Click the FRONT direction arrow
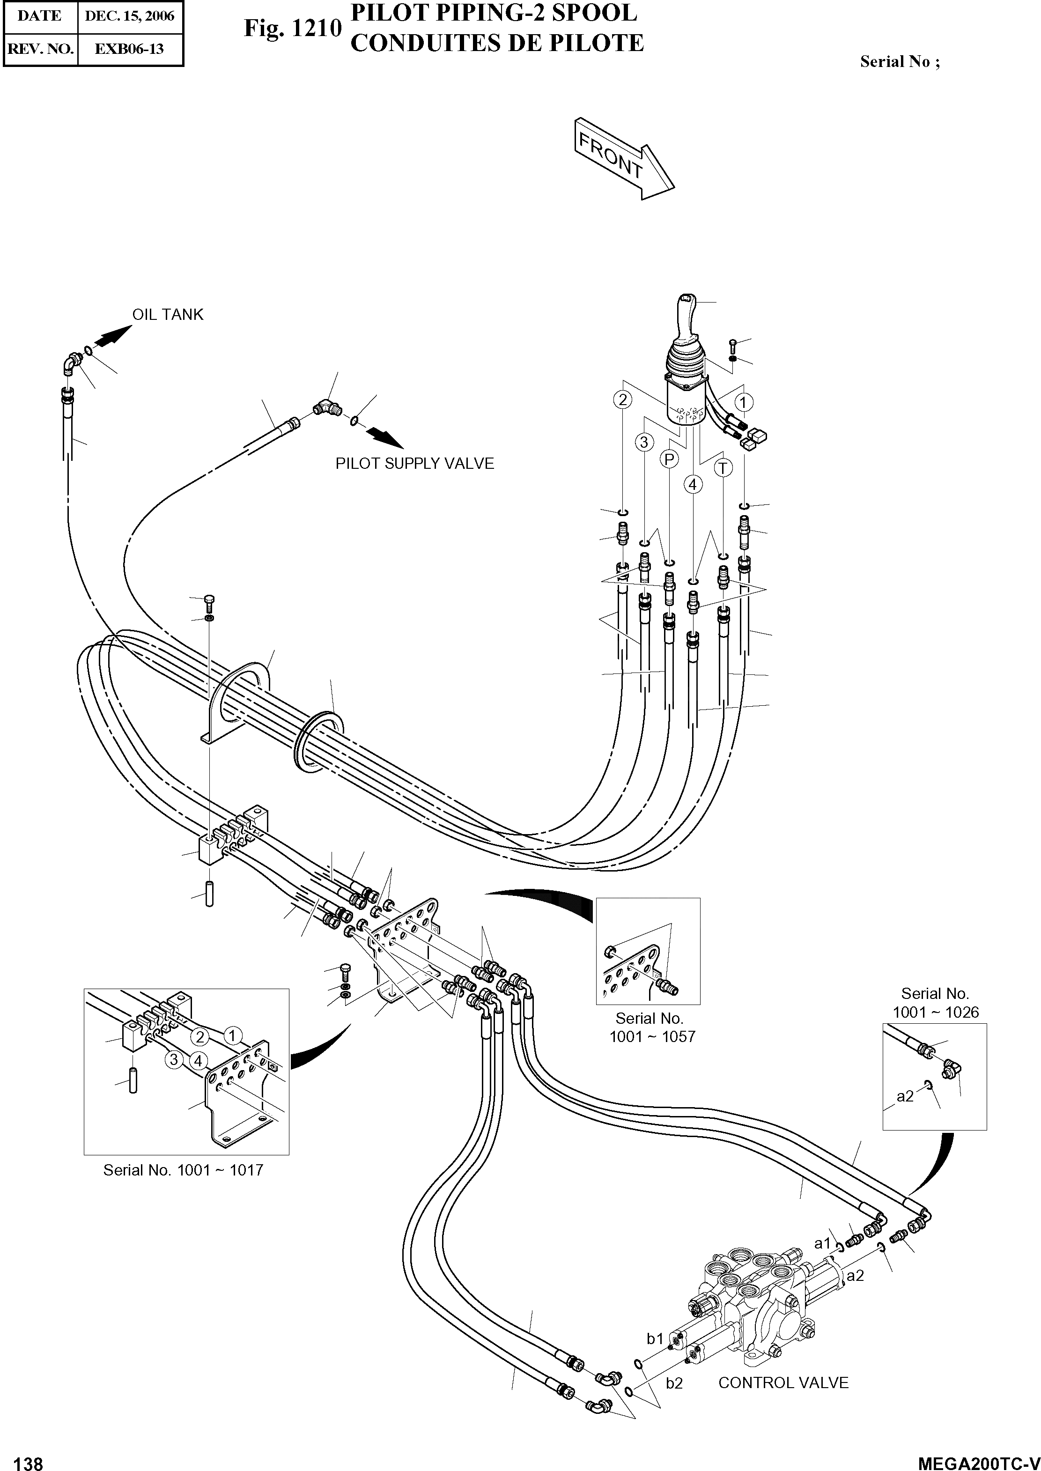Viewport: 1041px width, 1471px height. [x=624, y=158]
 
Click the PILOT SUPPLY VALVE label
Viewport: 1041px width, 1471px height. [x=415, y=464]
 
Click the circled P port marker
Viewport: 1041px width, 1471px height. [x=669, y=459]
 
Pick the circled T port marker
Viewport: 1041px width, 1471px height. [x=723, y=468]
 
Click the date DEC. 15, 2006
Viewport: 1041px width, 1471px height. [x=130, y=16]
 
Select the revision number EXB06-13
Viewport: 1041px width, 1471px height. [x=130, y=49]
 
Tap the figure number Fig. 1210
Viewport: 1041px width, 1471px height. [x=292, y=29]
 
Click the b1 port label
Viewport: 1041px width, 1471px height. [x=655, y=1338]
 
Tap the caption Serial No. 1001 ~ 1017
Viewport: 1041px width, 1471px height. [x=183, y=1170]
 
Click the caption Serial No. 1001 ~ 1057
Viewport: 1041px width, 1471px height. [x=652, y=1027]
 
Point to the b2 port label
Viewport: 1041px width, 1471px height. [x=674, y=1383]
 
